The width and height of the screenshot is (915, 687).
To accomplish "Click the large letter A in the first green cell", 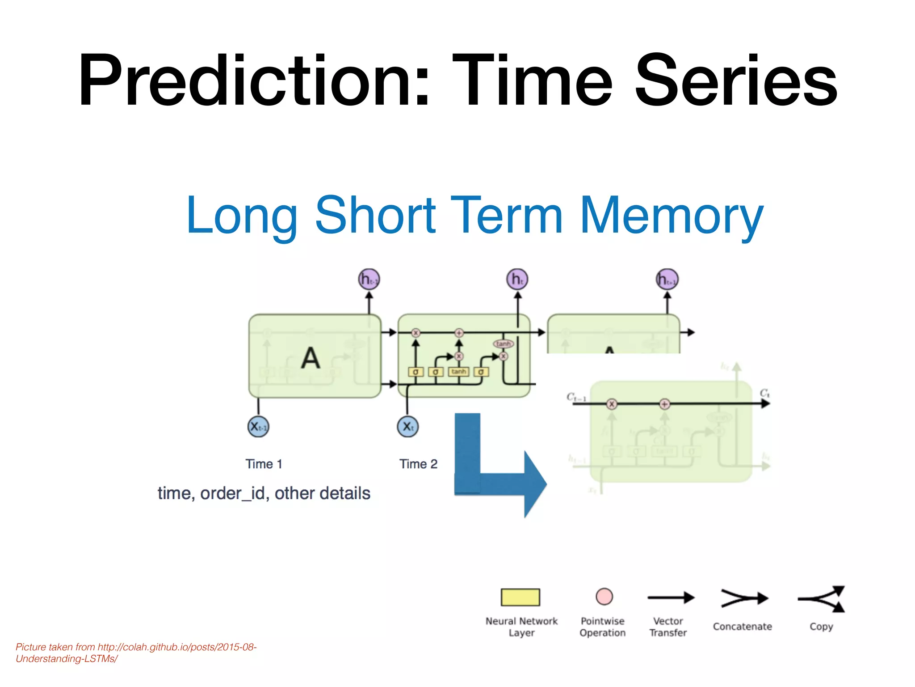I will pyautogui.click(x=310, y=358).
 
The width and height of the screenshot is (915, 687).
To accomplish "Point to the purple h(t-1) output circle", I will pyautogui.click(x=369, y=279).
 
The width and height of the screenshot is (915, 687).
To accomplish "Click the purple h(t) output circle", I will pyautogui.click(x=517, y=279).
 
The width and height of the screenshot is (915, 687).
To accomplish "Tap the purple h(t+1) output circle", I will pyautogui.click(x=667, y=280).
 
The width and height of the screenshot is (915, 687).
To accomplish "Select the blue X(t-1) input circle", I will pyautogui.click(x=258, y=426).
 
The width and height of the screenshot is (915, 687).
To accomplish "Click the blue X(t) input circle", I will pyautogui.click(x=407, y=426).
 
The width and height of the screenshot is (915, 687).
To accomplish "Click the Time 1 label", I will pyautogui.click(x=264, y=464).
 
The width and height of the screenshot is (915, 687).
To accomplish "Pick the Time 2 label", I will pyautogui.click(x=418, y=464).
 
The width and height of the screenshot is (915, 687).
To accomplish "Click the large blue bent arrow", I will pyautogui.click(x=491, y=479).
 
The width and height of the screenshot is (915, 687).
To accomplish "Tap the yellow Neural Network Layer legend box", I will pyautogui.click(x=520, y=597).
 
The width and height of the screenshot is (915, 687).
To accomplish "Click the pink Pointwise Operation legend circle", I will pyautogui.click(x=604, y=596).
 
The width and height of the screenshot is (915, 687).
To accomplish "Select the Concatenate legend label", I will pyautogui.click(x=742, y=627).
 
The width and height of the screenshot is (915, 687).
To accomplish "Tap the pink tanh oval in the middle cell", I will pyautogui.click(x=503, y=343).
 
